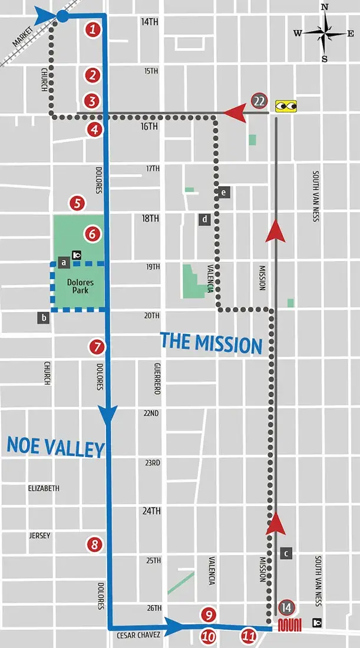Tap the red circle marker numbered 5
pos(77,204)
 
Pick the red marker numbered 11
pos(249,636)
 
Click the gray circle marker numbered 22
pos(259,101)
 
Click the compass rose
pos(324,33)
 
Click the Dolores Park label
pos(80,286)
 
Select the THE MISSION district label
pos(211,342)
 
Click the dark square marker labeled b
pos(44,318)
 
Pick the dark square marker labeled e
pos(224,192)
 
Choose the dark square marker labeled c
pos(286,553)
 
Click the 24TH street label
pos(151,511)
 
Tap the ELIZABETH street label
pos(44,488)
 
